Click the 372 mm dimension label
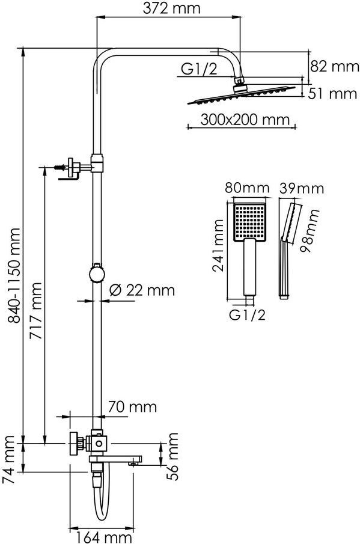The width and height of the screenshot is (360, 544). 172,8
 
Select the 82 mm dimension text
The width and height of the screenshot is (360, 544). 334,66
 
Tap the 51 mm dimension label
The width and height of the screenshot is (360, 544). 332,94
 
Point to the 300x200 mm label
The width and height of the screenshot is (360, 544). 245,120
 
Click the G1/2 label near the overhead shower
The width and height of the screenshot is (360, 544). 200,69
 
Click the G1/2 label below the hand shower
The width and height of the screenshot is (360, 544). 247,314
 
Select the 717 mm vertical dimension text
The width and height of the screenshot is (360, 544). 35,311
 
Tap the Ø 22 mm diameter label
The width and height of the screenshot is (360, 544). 142,290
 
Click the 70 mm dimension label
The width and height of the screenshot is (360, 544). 132,406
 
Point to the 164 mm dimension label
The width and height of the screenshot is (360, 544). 104,538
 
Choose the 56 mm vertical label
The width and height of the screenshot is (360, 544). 172,457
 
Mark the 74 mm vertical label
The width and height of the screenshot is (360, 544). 8,460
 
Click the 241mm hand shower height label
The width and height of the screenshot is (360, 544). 219,246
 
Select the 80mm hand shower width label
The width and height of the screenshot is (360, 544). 247,188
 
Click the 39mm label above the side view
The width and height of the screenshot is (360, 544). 302,188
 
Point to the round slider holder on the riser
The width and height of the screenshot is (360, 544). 97,274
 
